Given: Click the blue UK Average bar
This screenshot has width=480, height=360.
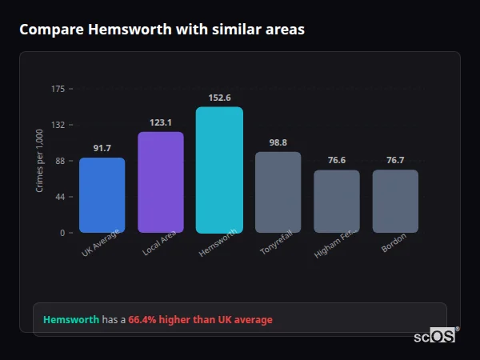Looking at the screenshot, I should click(102, 195).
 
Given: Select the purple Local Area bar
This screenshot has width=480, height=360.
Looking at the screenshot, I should click(161, 182).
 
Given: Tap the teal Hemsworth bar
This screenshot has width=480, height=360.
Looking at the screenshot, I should click(219, 170).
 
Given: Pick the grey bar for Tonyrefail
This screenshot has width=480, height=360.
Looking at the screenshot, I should click(278, 192).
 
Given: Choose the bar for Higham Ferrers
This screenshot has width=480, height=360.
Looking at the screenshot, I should click(337, 202).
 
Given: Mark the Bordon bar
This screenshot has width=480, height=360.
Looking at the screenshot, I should click(395, 202).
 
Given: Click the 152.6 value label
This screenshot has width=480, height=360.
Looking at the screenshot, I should click(219, 98).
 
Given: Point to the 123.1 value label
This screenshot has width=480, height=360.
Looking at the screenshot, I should click(161, 122).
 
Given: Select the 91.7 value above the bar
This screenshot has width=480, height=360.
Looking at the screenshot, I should click(102, 148).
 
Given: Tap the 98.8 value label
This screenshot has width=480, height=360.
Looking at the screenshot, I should click(278, 142).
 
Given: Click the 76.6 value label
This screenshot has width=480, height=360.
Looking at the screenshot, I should click(337, 161).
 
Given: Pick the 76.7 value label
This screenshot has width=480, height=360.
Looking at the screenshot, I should click(395, 161).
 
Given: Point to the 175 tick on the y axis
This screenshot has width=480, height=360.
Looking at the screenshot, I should click(58, 89).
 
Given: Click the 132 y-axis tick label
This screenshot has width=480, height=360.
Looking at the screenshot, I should click(58, 125).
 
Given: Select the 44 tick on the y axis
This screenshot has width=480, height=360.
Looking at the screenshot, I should click(61, 197).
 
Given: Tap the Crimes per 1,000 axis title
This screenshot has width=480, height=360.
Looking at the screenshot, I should click(39, 160).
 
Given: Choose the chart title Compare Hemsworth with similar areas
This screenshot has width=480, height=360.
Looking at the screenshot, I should click(162, 30).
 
